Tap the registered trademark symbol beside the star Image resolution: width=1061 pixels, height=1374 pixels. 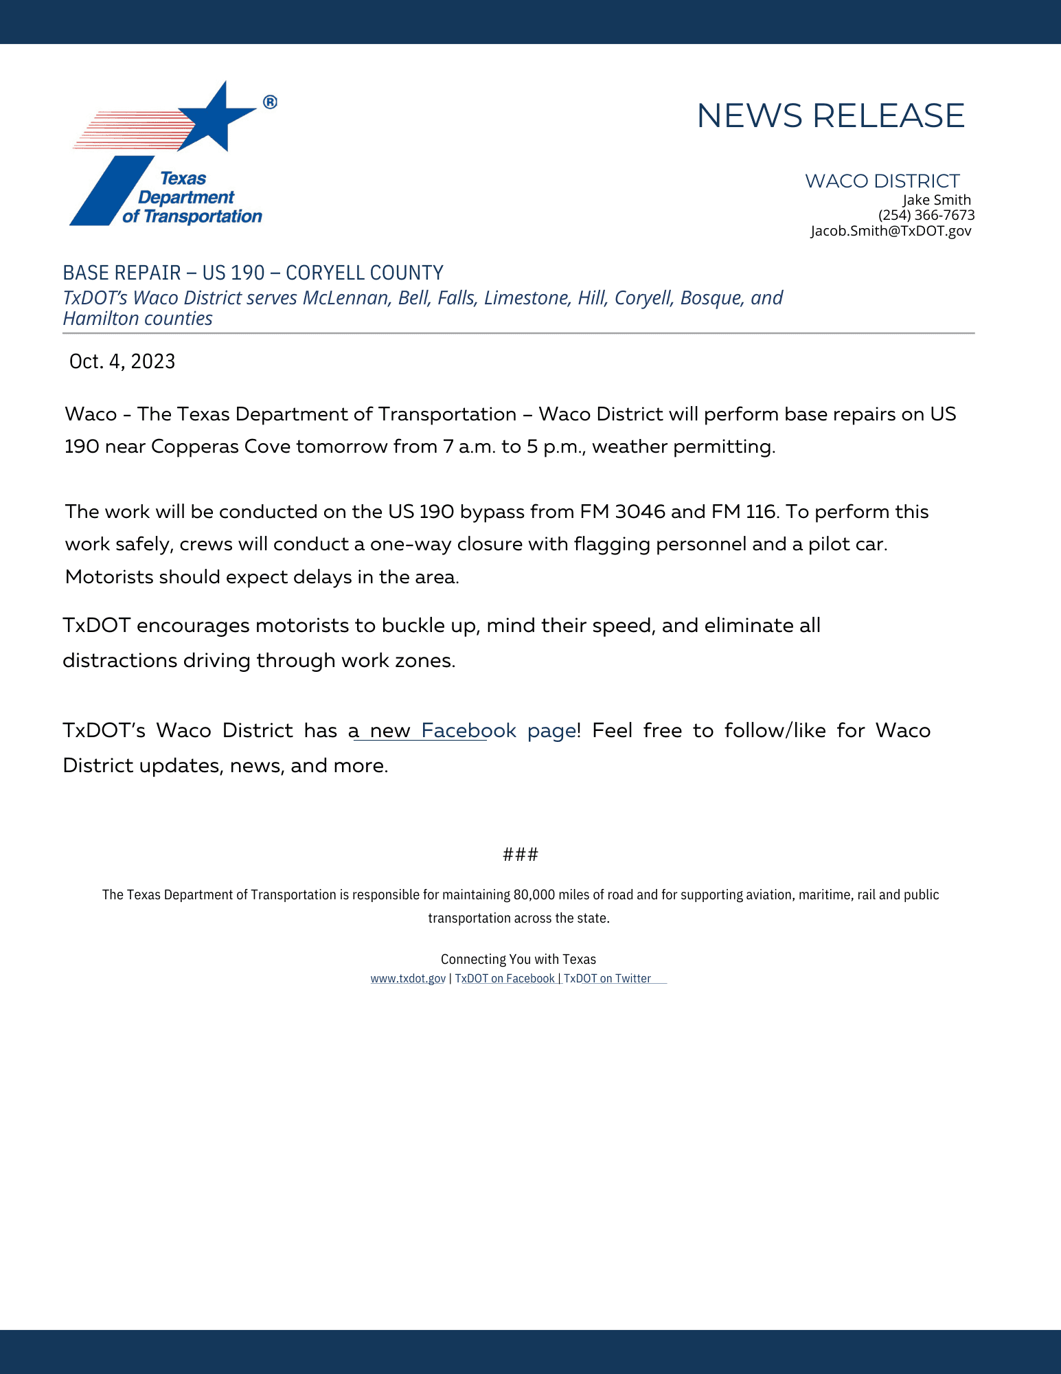(270, 102)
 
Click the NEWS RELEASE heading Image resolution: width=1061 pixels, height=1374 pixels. (830, 115)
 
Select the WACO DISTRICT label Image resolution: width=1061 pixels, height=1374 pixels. (882, 181)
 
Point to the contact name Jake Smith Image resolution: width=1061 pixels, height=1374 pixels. (936, 200)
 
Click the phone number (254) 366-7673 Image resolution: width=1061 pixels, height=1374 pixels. (926, 215)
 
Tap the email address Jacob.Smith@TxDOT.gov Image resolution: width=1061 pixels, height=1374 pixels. (891, 231)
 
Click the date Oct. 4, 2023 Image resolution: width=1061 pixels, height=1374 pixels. (122, 361)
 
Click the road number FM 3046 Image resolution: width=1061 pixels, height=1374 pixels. (622, 512)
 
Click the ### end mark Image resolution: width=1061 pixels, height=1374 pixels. (521, 855)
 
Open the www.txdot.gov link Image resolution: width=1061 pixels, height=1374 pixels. (408, 978)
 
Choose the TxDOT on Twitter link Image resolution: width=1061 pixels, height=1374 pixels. (607, 978)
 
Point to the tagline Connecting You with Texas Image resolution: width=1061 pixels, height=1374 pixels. (518, 959)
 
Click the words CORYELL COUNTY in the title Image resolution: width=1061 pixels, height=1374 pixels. (364, 273)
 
